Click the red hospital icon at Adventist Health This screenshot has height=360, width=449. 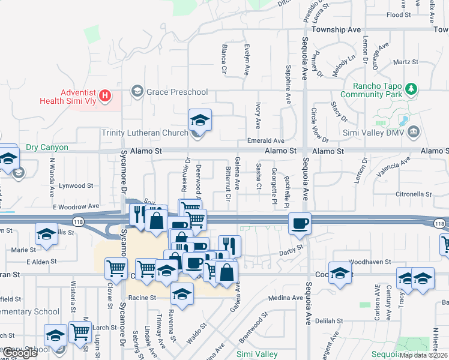106,95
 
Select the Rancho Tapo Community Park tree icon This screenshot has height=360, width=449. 411,89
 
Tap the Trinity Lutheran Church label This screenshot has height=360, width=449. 145,133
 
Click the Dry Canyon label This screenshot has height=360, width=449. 47,147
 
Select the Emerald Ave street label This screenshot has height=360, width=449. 266,140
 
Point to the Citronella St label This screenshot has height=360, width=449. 414,194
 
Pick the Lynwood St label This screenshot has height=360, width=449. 73,187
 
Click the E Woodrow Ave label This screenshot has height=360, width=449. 76,206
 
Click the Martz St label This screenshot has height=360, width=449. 405,62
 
